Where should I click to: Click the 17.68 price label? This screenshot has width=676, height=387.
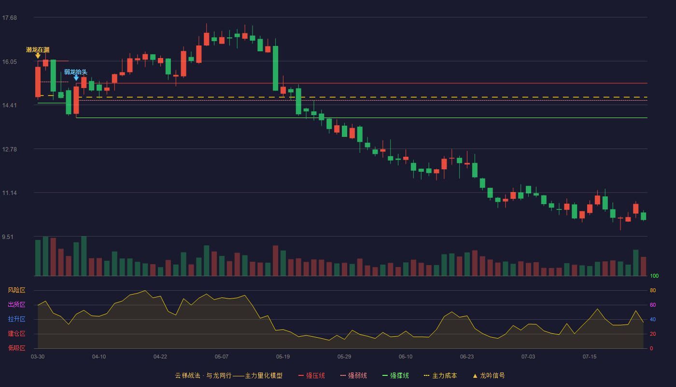(x=10, y=18)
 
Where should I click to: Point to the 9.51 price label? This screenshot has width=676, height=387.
(x=8, y=237)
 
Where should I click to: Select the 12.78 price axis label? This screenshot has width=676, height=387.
(x=10, y=149)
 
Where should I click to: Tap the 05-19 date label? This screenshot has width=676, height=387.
(x=283, y=357)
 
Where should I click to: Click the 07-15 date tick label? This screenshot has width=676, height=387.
(x=590, y=357)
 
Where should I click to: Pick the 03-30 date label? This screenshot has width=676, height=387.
(x=38, y=357)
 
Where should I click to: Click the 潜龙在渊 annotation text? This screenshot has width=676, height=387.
(x=38, y=49)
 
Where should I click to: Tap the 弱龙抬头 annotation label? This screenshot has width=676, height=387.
(x=76, y=72)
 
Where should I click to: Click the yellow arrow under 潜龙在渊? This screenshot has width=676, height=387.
(x=38, y=56)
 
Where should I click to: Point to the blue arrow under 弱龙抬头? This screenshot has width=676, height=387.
(x=76, y=78)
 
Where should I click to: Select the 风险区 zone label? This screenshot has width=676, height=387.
(x=16, y=290)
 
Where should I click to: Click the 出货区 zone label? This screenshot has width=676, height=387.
(x=16, y=304)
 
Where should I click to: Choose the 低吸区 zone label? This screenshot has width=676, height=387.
(x=16, y=348)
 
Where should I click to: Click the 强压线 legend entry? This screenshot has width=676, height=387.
(x=311, y=375)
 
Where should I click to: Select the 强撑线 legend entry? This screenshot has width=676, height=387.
(x=395, y=375)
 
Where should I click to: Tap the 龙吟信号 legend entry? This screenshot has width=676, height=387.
(x=489, y=375)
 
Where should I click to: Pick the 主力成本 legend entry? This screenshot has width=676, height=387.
(x=440, y=375)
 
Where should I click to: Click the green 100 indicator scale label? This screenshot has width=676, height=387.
(x=654, y=276)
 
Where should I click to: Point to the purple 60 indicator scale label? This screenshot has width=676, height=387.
(x=653, y=305)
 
